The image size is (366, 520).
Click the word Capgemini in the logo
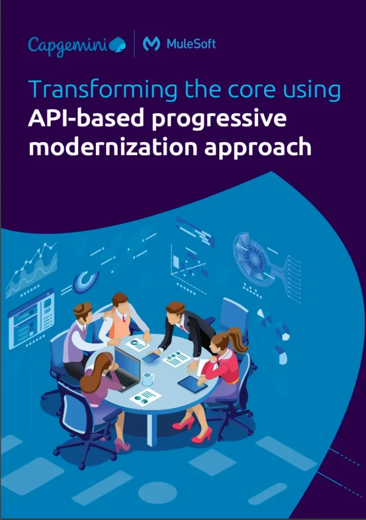coord(67,45)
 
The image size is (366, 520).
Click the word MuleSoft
coord(191,44)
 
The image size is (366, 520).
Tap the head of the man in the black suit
coord(175,311)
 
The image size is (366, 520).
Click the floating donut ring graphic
coord(86,282)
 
